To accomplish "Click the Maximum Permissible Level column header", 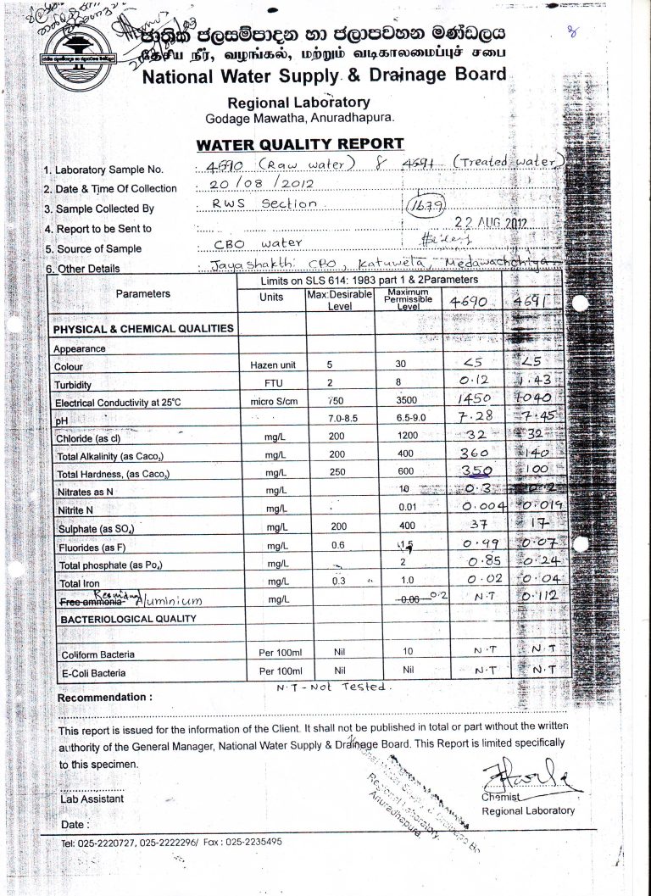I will tap(411, 298).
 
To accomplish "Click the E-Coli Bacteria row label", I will tap(93, 674).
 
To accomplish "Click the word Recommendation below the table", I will tap(104, 698).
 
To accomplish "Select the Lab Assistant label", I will tap(92, 799).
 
